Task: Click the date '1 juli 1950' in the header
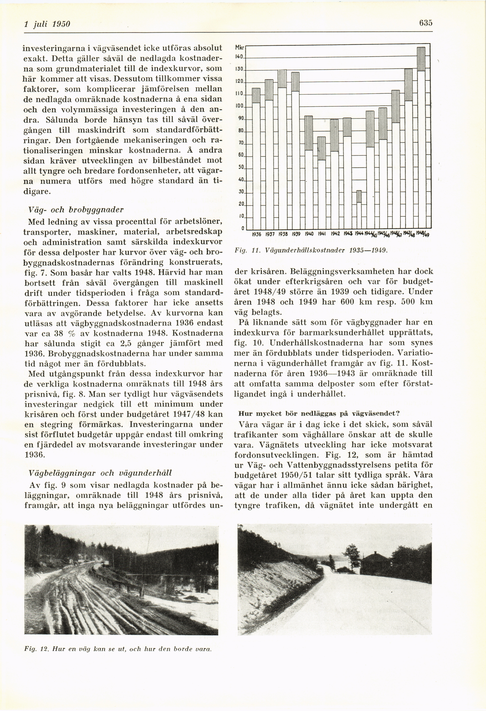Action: [47, 24]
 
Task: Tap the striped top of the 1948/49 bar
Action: [421, 59]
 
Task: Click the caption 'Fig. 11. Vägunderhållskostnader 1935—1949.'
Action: [311, 250]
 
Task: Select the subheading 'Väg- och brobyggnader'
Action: [76, 210]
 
